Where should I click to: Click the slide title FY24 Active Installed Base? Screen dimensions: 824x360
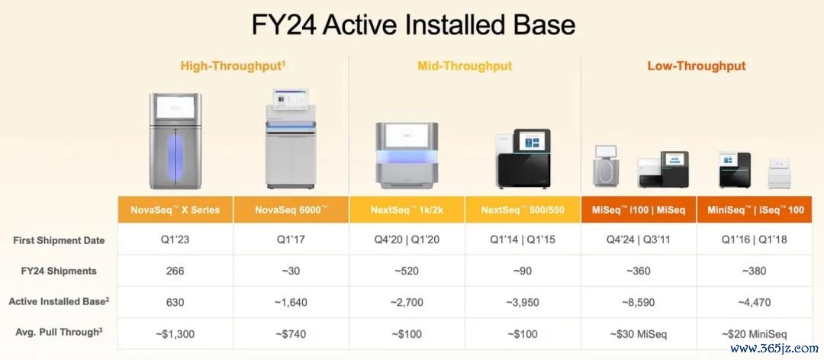(413, 24)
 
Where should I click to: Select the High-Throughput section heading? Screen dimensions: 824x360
(233, 66)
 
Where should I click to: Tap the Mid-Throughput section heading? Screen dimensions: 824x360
(465, 66)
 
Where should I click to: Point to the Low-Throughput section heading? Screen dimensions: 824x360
(697, 66)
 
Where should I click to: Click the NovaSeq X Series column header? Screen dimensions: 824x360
(175, 210)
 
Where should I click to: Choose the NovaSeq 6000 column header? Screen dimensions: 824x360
(291, 210)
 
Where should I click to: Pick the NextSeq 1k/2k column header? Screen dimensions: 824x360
(407, 210)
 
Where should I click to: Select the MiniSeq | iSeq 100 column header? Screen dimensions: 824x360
(755, 210)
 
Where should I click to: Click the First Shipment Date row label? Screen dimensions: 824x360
(59, 240)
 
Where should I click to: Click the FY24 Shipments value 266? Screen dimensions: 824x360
(175, 272)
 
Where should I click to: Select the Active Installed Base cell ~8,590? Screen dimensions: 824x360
(639, 302)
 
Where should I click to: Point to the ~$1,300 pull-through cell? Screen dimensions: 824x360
(175, 333)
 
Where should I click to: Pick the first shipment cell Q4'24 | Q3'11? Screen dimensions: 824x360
(639, 240)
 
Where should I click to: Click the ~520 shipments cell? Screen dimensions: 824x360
(407, 272)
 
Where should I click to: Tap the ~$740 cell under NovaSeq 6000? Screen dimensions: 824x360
(291, 333)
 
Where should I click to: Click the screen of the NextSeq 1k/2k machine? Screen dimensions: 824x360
(406, 136)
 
